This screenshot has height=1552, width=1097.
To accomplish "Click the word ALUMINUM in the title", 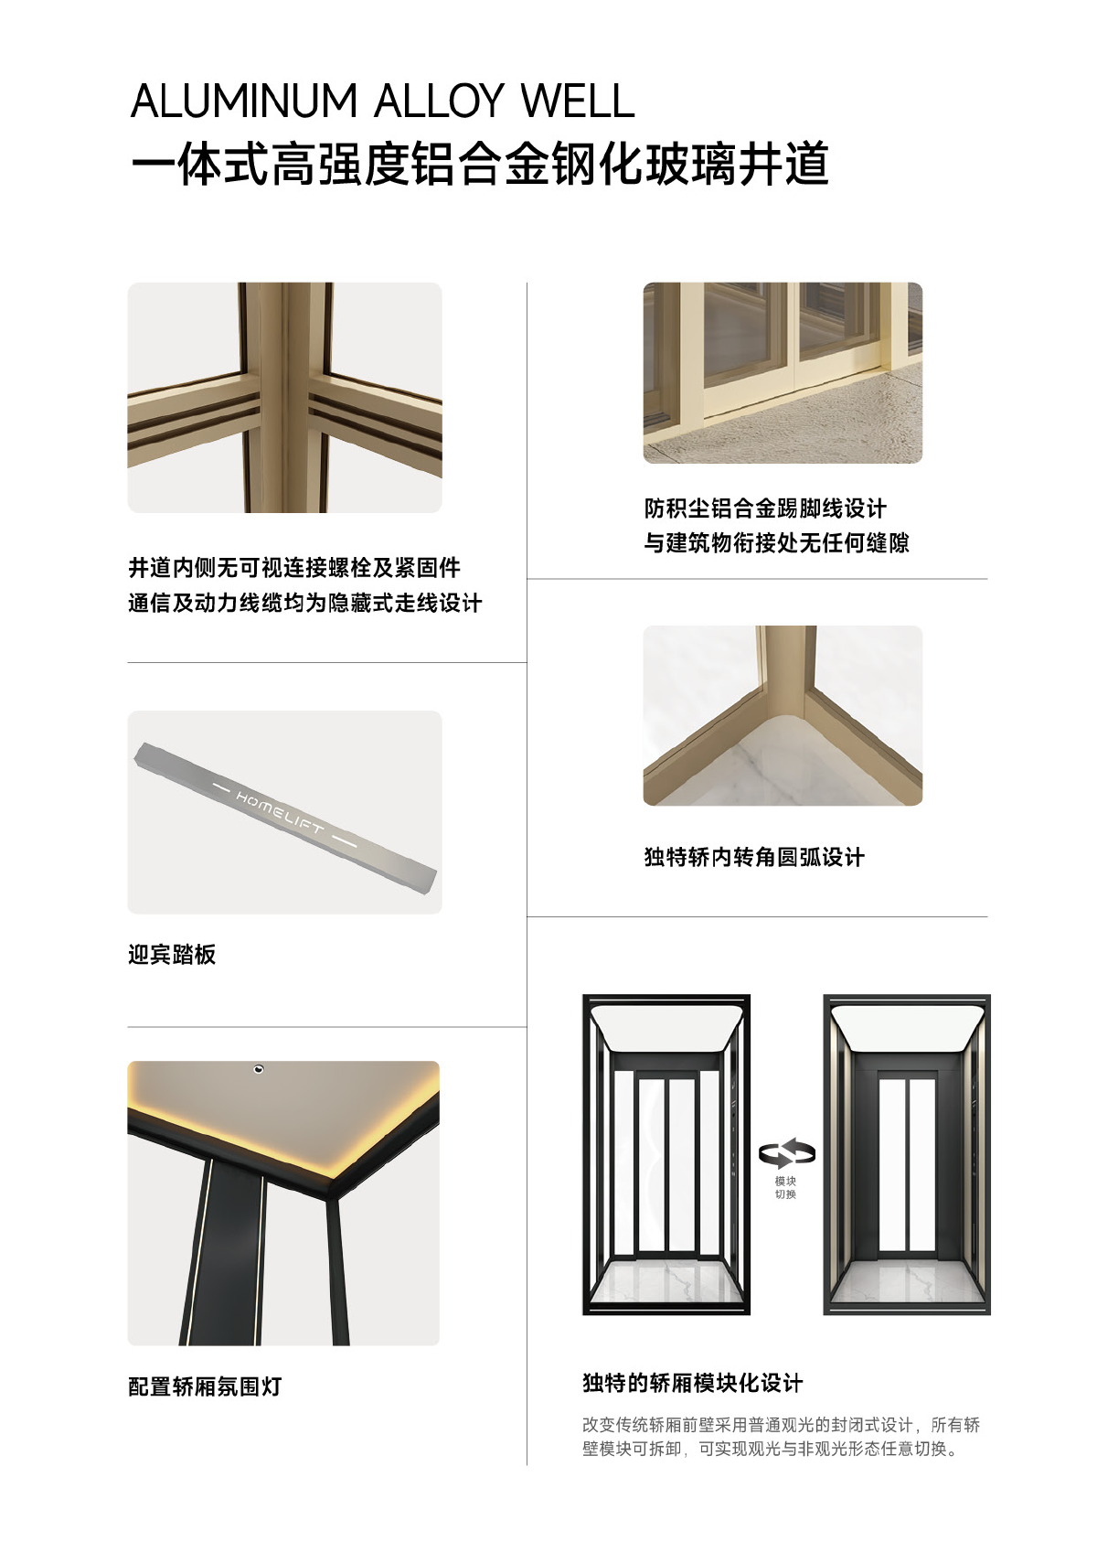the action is point(244,102).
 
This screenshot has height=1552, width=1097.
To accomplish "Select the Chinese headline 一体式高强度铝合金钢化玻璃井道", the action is point(480,165).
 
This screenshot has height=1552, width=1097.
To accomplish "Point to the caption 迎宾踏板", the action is point(172,955).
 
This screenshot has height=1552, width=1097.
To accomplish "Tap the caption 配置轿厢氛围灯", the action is point(205,1386).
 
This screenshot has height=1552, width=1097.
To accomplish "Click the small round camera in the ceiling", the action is point(259,1069).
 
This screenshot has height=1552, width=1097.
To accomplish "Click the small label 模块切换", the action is point(785,1188).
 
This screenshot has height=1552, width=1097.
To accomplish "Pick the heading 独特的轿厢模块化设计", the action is point(693,1384).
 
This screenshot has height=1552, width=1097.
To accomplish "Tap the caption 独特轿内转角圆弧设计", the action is point(754,857).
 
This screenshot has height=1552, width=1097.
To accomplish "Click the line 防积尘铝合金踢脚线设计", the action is point(765,508).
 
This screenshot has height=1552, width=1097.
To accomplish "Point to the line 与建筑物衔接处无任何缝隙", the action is point(776,542).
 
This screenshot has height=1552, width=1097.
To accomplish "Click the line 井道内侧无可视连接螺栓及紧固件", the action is point(294,568).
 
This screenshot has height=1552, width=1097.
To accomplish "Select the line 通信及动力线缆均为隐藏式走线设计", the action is point(305,603).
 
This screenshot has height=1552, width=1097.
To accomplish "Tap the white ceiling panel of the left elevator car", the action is point(666,1031).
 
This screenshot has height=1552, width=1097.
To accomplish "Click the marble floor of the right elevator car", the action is point(907,1283).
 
